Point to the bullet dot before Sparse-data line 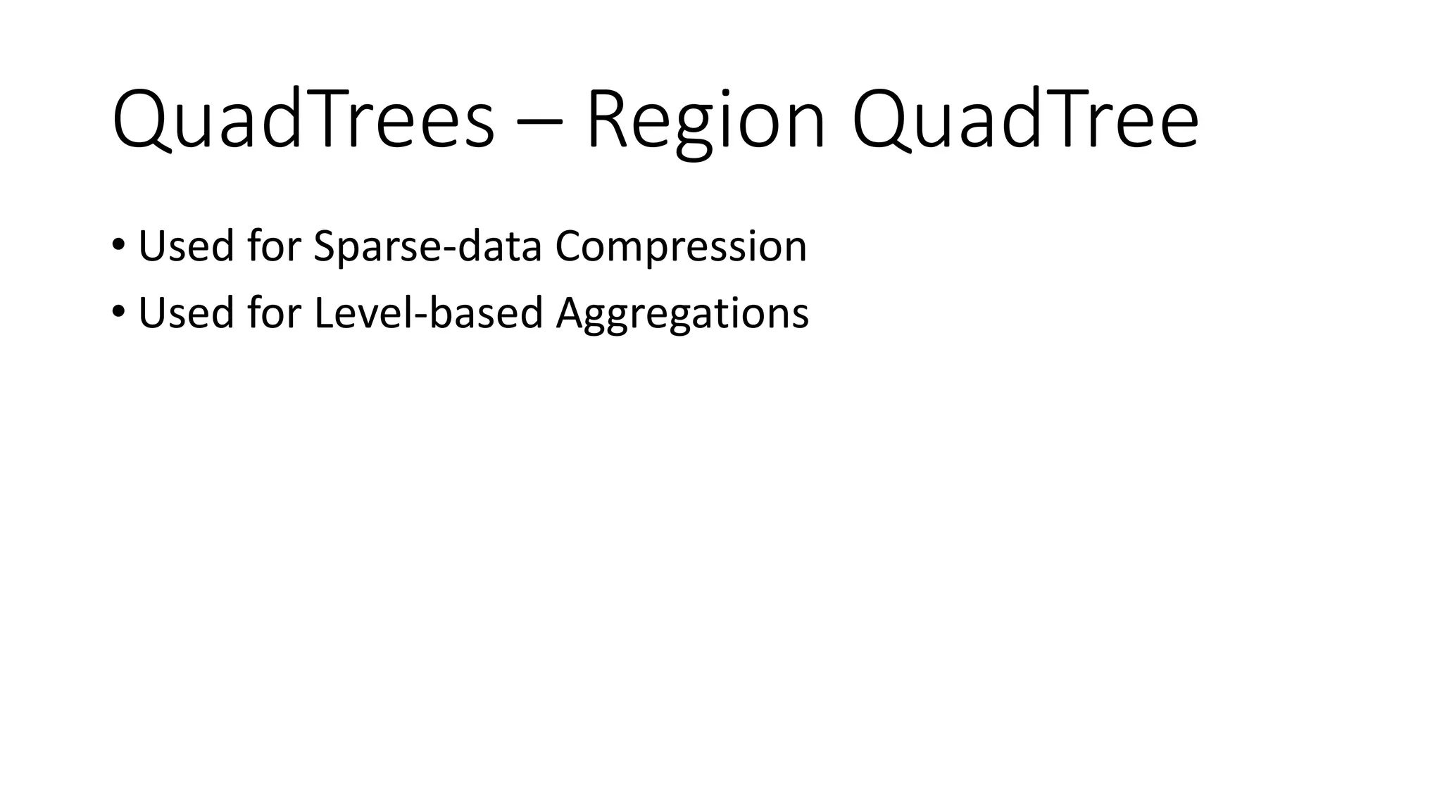tap(118, 245)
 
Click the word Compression tap(681, 246)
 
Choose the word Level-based tap(429, 313)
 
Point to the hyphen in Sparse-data tap(449, 251)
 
